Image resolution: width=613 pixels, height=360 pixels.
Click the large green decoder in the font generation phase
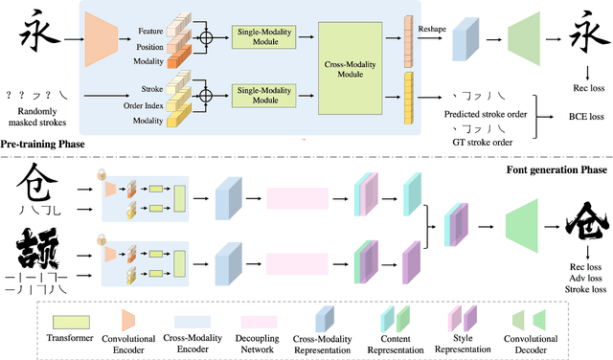(x=525, y=228)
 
